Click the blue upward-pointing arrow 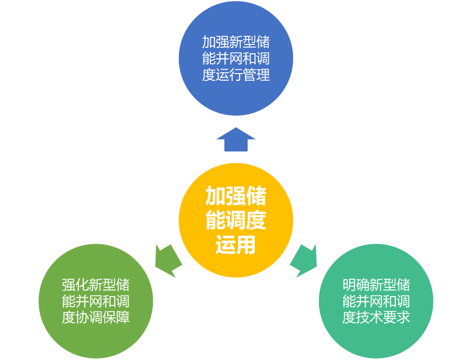[x=236, y=140]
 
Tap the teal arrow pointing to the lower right [x=304, y=261]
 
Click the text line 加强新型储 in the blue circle [x=236, y=42]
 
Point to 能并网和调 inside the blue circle [x=236, y=59]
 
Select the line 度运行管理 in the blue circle [x=236, y=75]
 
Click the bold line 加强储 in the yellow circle [x=236, y=197]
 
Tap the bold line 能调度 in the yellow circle [x=236, y=221]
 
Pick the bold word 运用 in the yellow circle [x=236, y=245]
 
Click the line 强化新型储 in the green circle [x=96, y=284]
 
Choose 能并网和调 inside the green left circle [x=96, y=301]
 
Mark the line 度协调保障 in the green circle [x=96, y=318]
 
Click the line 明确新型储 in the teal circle [x=376, y=284]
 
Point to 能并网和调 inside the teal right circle [x=376, y=301]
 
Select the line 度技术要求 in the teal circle [x=376, y=318]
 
